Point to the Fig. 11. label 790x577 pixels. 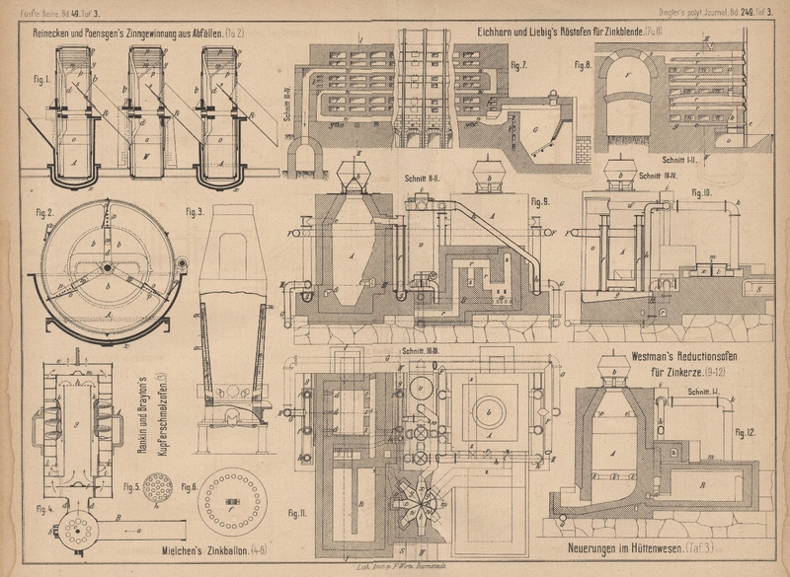(293, 513)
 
